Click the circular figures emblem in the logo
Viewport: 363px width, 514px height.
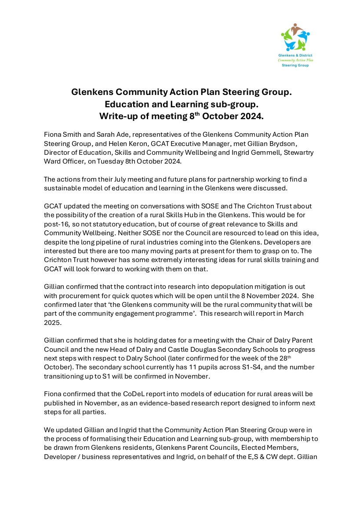[x=295, y=38]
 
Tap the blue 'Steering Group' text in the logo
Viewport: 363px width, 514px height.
[x=295, y=66]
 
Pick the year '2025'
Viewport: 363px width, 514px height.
[x=52, y=321]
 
